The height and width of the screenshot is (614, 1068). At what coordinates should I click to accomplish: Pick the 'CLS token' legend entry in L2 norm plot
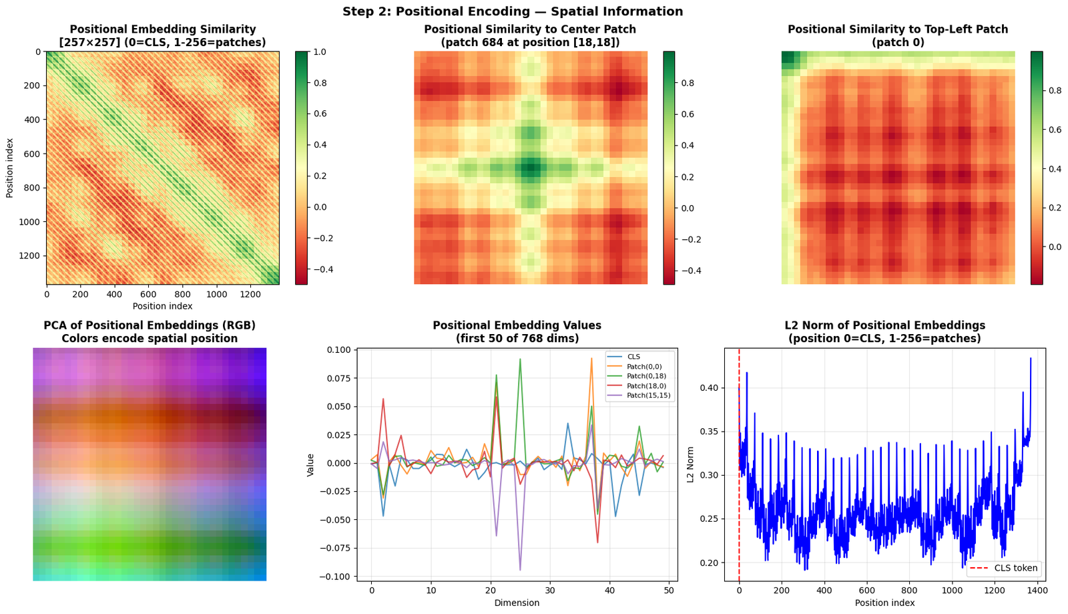pyautogui.click(x=1004, y=568)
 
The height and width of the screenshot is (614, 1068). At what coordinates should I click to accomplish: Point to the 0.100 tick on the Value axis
pyautogui.click(x=338, y=350)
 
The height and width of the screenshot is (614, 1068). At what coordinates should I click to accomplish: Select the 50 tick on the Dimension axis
pyautogui.click(x=669, y=590)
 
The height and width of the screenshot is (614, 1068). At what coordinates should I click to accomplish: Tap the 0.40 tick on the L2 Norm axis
pyautogui.click(x=709, y=388)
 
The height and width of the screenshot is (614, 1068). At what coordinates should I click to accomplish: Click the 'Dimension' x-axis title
pyautogui.click(x=517, y=603)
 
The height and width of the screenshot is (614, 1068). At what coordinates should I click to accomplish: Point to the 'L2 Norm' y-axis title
pyautogui.click(x=690, y=464)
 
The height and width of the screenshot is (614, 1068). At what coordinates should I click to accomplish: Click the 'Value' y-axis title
pyautogui.click(x=310, y=465)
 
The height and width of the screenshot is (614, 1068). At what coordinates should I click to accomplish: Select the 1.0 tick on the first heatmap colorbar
pyautogui.click(x=320, y=51)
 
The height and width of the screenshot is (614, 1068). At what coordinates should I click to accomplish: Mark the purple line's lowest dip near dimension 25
pyautogui.click(x=520, y=570)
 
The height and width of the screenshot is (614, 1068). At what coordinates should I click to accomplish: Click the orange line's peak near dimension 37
pyautogui.click(x=591, y=358)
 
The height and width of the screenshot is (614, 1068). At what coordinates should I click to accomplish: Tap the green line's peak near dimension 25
pyautogui.click(x=520, y=359)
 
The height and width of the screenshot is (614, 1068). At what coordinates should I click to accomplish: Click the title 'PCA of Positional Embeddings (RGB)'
pyautogui.click(x=150, y=325)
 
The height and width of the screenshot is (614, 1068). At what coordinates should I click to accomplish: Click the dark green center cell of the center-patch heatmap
pyautogui.click(x=531, y=168)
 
